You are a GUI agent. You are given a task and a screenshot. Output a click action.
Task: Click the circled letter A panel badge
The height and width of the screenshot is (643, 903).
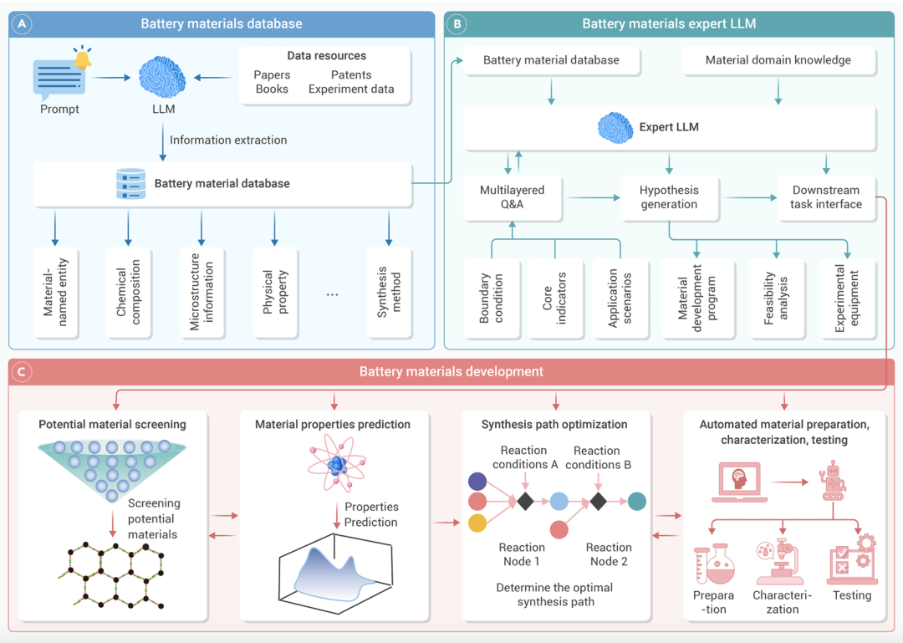click(24, 24)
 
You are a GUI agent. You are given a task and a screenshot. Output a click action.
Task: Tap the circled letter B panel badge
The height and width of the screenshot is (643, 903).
click(458, 24)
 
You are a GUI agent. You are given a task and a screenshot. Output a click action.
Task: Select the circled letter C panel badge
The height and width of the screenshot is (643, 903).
click(24, 371)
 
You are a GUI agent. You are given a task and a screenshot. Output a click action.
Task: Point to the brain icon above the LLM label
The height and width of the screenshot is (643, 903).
click(162, 78)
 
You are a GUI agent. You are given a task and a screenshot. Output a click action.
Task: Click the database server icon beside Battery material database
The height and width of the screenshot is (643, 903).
click(130, 184)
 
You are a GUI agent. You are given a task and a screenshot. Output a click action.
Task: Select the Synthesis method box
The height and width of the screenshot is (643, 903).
click(390, 291)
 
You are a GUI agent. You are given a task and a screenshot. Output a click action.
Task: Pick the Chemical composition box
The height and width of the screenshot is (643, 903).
click(128, 291)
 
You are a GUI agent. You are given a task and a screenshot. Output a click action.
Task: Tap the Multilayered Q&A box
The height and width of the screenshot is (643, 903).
click(512, 197)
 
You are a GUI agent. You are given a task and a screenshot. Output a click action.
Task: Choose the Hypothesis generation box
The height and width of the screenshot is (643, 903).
click(668, 197)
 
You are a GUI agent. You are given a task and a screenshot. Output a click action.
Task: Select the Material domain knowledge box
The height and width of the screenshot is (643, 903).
click(778, 60)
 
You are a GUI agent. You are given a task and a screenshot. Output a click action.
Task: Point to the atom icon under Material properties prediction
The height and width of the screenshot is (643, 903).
click(336, 465)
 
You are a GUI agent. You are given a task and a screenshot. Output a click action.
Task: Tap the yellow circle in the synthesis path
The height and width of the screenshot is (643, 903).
click(477, 523)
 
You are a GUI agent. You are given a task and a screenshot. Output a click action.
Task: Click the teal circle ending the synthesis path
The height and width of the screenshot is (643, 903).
click(637, 502)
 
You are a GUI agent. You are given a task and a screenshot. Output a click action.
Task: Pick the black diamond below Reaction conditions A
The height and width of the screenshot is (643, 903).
click(524, 502)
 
